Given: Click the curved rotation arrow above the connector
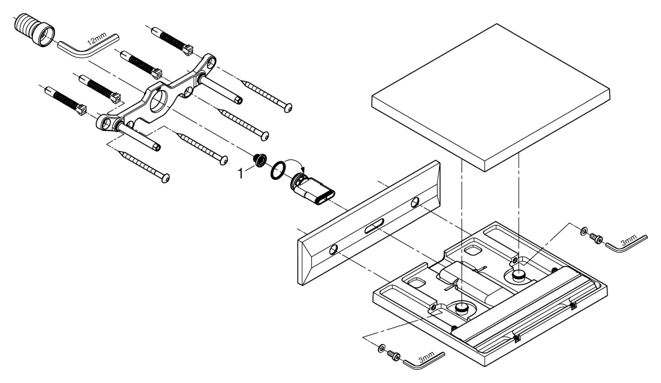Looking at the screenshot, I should pyautogui.click(x=293, y=163).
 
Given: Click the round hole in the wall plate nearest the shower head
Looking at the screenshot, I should pyautogui.click(x=415, y=202).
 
